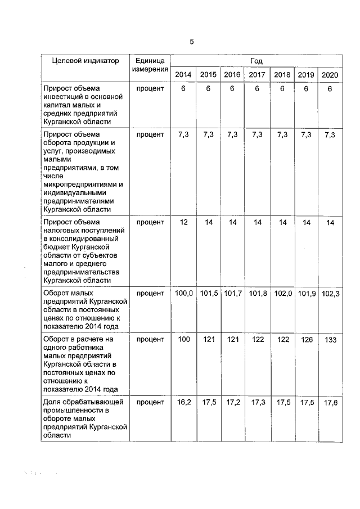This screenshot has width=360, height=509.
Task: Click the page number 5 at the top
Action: [191, 42]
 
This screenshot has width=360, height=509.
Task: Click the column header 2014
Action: [183, 75]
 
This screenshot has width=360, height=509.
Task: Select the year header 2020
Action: [330, 75]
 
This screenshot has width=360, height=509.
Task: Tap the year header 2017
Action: [257, 75]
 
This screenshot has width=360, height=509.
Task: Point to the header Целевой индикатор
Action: [85, 61]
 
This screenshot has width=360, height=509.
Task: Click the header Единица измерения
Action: [150, 65]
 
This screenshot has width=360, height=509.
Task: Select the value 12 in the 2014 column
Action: [183, 223]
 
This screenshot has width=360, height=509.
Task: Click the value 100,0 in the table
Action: [184, 294]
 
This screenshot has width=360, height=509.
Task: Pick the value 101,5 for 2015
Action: [209, 294]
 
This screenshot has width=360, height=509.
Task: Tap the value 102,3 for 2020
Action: [330, 294]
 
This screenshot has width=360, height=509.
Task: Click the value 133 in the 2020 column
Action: [330, 339]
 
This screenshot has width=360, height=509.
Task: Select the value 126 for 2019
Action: [306, 339]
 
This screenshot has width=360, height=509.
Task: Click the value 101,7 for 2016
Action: [233, 294]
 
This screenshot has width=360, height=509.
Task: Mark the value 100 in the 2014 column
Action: [184, 339]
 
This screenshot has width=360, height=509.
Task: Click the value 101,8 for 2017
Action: [257, 294]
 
